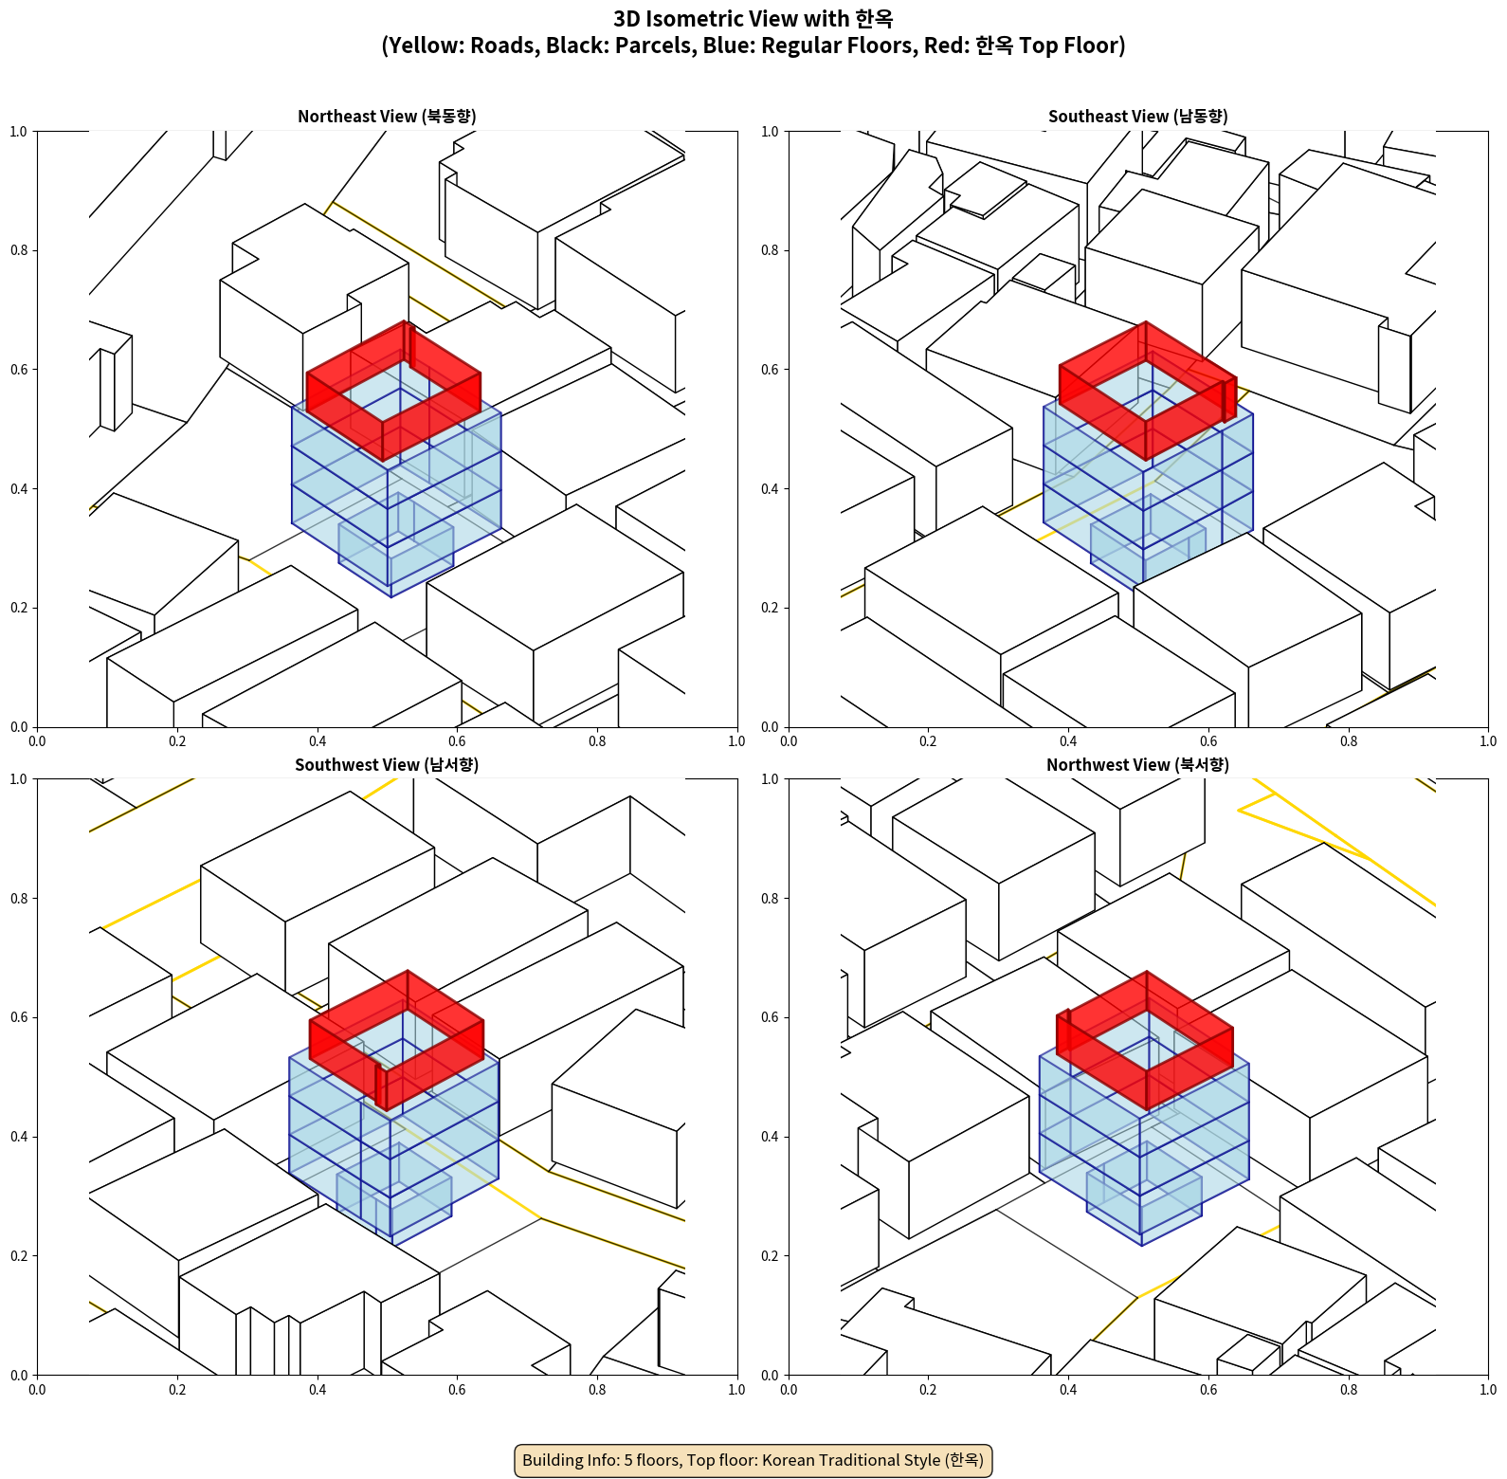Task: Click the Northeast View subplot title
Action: point(387,116)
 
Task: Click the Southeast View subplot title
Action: point(1137,116)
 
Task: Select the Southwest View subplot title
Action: point(387,764)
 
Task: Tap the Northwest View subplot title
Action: point(1137,764)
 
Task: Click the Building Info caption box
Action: point(753,1460)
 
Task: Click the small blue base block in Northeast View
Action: point(395,550)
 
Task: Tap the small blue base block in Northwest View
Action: point(1144,1199)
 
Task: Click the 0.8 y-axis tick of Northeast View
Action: point(19,250)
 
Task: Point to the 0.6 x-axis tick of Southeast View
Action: point(1208,741)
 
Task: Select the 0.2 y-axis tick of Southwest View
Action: point(19,1256)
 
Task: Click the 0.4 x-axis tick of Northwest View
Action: point(1068,1390)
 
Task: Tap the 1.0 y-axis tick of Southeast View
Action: point(770,131)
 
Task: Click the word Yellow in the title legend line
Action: point(420,46)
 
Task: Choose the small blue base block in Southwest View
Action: point(393,1199)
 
